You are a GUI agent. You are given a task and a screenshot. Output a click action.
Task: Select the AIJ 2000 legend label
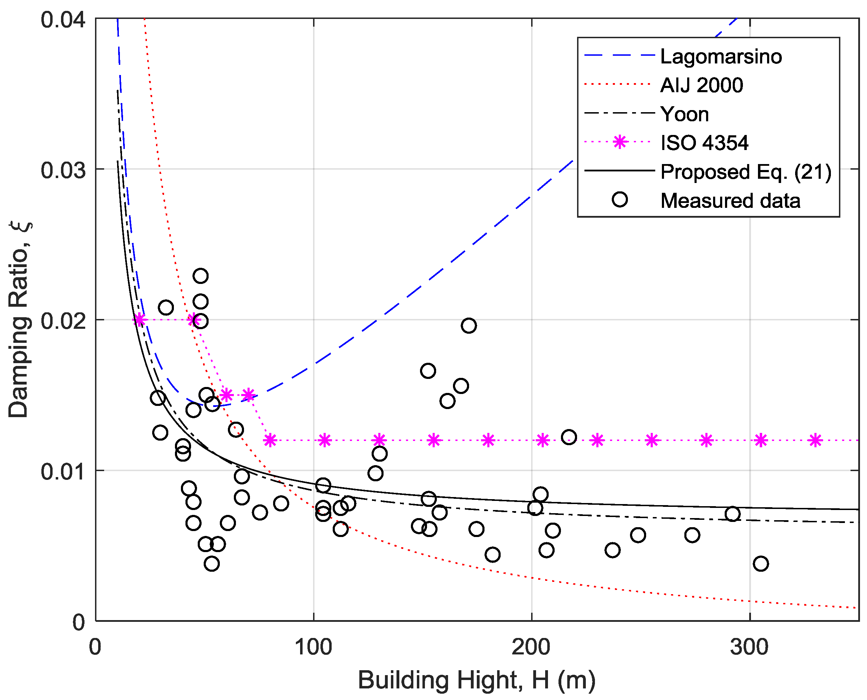click(701, 86)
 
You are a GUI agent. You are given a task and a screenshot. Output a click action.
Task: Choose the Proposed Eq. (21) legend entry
click(746, 172)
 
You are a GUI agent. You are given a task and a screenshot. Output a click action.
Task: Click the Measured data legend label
click(730, 201)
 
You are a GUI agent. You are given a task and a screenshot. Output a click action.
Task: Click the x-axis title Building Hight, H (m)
click(477, 681)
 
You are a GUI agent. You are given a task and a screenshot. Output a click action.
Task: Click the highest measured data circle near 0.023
click(201, 276)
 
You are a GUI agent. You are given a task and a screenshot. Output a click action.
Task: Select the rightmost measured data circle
click(760, 563)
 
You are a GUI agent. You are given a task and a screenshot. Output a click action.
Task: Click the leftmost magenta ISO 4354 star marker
click(139, 320)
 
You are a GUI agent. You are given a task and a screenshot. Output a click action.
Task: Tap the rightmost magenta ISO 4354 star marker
click(815, 440)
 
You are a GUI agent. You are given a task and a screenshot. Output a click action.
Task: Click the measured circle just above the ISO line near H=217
click(569, 437)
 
